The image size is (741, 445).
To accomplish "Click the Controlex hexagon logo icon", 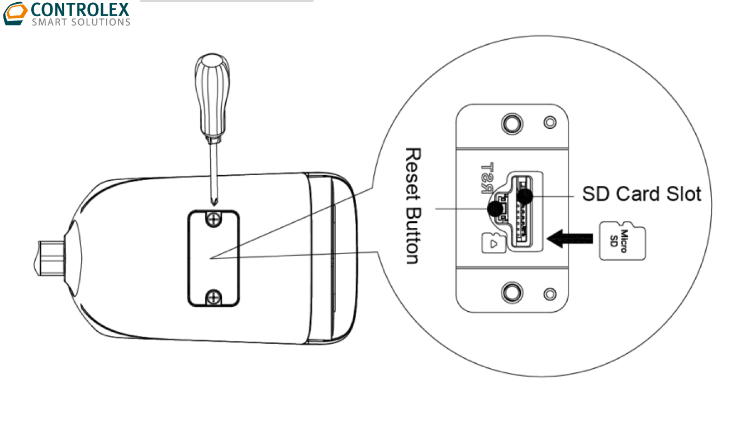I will coord(15,13).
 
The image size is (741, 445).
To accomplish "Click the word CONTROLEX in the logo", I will coord(81,10).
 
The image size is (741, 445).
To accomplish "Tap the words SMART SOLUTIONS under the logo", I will coord(81,22).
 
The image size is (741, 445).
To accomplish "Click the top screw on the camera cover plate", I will coord(212,221).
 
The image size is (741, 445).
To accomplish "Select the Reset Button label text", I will coord(412,206).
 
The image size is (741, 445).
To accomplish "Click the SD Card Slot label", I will coord(641,194).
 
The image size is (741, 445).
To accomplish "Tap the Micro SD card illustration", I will coord(622,241).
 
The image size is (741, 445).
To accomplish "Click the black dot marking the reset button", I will coord(495,209).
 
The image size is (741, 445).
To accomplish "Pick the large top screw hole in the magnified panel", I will coord(511,121).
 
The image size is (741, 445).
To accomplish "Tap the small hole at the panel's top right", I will coord(550,122).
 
